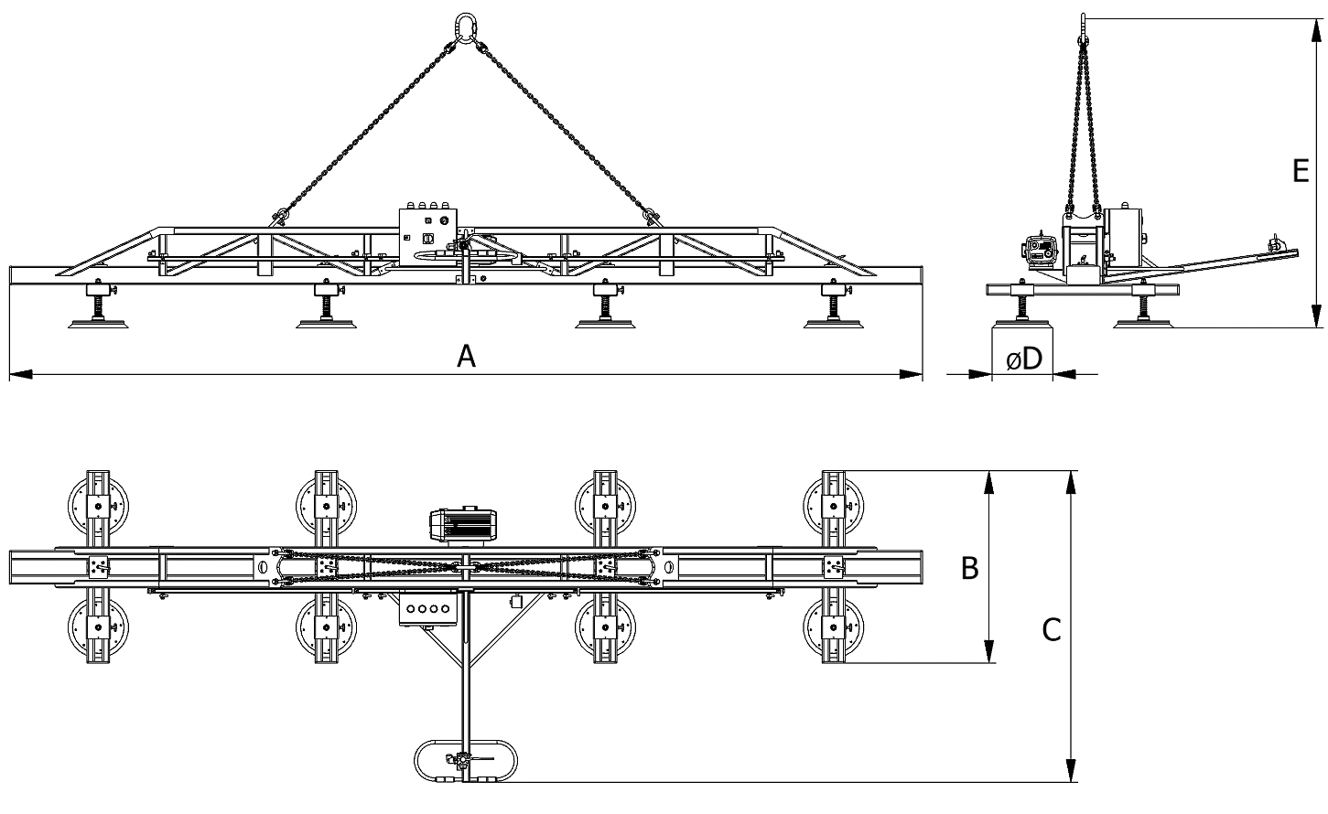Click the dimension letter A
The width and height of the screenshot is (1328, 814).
(466, 357)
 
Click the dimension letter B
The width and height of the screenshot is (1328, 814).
(969, 568)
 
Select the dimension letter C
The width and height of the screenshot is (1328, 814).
(1051, 630)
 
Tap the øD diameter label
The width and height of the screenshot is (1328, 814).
(1024, 359)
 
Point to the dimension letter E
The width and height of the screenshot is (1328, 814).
(1301, 171)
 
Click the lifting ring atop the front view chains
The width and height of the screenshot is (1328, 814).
(465, 27)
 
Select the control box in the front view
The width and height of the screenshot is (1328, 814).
(428, 237)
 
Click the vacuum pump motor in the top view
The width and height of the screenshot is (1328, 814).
(463, 526)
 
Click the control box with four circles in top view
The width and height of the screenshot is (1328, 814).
(428, 608)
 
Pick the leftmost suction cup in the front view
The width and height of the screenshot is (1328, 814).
(98, 324)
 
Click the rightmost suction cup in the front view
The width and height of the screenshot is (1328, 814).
(834, 324)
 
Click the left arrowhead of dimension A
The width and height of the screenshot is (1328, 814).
(21, 374)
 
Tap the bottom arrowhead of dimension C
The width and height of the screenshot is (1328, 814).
(1071, 770)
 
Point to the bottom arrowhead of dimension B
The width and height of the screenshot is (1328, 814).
(988, 651)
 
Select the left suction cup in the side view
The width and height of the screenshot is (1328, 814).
(1021, 323)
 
